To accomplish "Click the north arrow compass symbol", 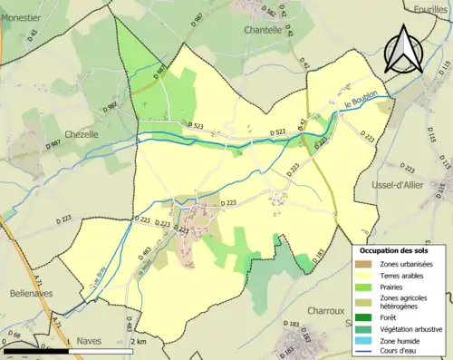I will tap(405, 50).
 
